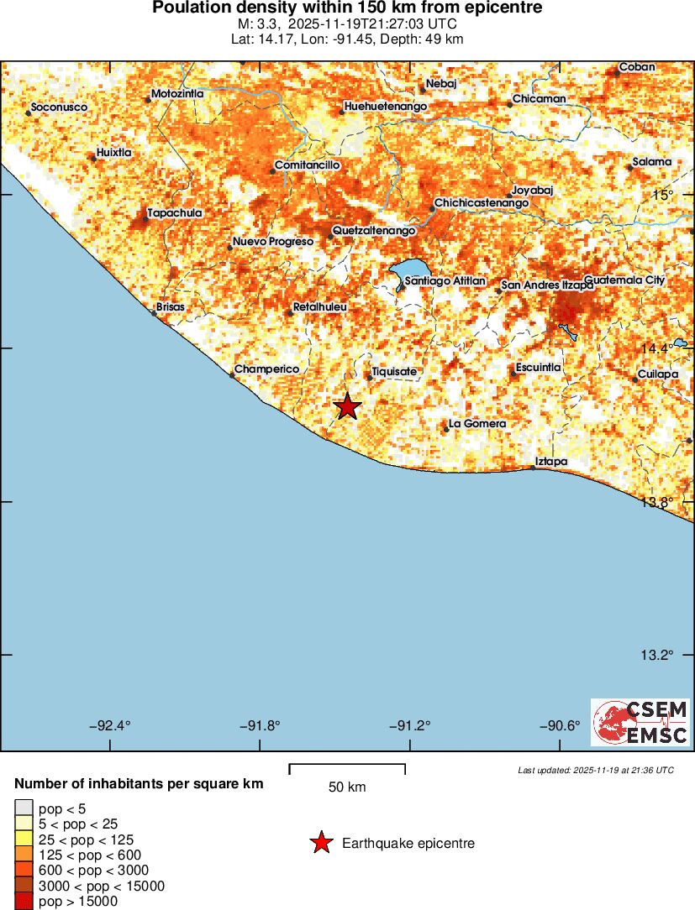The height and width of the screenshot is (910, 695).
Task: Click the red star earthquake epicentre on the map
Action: tap(347, 406)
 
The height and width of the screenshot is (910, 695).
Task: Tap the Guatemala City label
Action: tap(624, 280)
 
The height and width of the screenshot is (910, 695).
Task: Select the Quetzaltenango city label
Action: tap(374, 230)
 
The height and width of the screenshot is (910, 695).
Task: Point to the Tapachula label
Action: tap(175, 213)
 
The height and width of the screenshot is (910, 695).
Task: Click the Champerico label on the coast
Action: tap(266, 369)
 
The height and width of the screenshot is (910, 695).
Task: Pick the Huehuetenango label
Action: tap(387, 107)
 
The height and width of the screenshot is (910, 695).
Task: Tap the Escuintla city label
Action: tap(539, 368)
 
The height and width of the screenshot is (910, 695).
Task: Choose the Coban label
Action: tap(637, 67)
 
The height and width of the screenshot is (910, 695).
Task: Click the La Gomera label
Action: tap(478, 424)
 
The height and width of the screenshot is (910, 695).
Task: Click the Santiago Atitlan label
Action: tap(445, 280)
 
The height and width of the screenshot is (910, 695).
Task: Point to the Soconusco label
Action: tap(59, 107)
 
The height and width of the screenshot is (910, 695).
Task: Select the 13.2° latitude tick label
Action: tap(658, 655)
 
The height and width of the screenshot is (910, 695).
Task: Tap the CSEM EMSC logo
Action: tap(640, 722)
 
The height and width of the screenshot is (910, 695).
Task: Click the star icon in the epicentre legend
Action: tap(320, 843)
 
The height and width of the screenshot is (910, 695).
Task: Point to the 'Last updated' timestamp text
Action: tap(596, 770)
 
